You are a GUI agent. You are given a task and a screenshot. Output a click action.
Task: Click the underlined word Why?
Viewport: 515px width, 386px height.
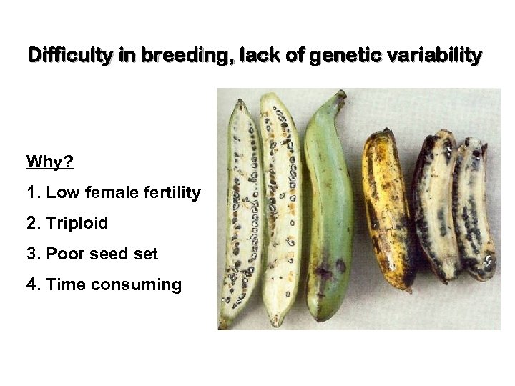[50, 162]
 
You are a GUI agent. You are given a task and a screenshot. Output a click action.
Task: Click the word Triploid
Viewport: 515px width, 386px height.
[77, 223]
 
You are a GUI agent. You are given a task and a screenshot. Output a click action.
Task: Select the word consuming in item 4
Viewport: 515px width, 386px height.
[142, 284]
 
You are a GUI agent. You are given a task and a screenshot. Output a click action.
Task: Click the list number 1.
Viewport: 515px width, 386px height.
[31, 192]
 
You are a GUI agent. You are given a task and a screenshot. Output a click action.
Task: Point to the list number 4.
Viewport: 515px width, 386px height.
[31, 284]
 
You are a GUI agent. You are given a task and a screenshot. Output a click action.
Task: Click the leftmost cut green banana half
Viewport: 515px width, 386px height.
[242, 214]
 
